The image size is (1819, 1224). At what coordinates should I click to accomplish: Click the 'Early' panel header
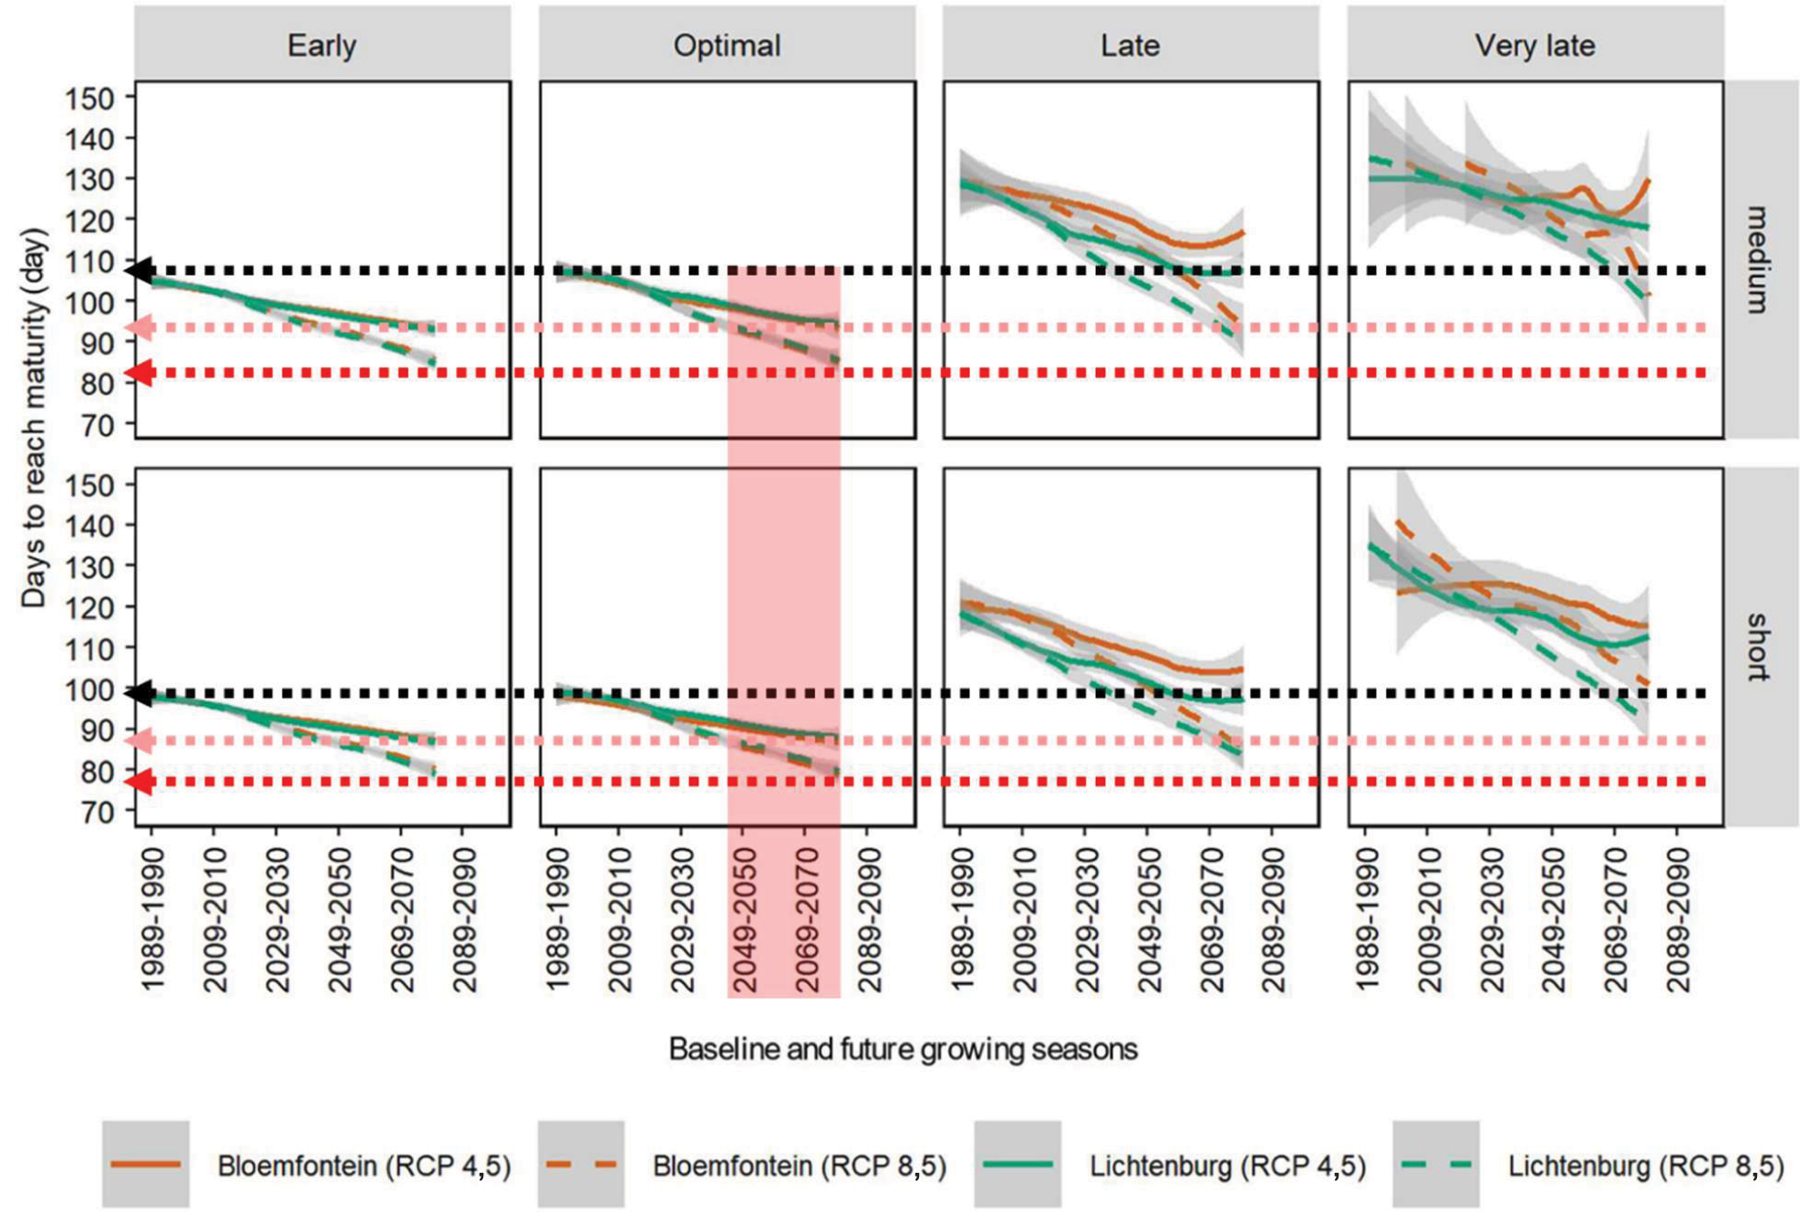(x=322, y=46)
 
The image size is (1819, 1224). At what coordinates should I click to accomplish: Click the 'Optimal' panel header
(x=727, y=46)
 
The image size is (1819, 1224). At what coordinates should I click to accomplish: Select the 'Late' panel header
(x=1130, y=46)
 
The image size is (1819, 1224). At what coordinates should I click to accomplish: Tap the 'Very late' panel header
(x=1535, y=46)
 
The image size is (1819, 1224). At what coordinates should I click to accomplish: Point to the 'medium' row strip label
(x=1759, y=260)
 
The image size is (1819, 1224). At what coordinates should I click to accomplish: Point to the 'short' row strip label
(x=1759, y=647)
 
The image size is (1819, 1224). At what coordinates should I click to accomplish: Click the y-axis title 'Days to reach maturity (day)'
(x=34, y=418)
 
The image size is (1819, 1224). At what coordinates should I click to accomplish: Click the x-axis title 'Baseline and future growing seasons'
(x=903, y=1049)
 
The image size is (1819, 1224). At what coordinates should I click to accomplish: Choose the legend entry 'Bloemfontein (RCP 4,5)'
(x=364, y=1166)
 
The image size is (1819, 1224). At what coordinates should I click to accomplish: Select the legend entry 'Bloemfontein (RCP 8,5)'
(x=799, y=1166)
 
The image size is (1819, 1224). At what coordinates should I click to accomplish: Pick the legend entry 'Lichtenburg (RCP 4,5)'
(x=1227, y=1166)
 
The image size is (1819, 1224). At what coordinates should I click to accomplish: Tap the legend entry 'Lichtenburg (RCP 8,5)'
(x=1645, y=1166)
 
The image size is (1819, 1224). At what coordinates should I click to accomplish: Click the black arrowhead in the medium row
(x=139, y=271)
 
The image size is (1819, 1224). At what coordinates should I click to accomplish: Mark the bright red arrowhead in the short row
(x=139, y=782)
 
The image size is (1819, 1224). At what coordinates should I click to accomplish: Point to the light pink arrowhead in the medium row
(x=139, y=327)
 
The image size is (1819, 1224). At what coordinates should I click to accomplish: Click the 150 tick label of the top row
(x=89, y=99)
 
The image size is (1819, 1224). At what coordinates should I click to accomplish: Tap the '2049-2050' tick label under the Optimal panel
(x=745, y=919)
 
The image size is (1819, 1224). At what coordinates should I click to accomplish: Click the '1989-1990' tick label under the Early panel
(x=152, y=919)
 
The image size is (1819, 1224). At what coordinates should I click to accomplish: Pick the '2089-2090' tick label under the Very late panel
(x=1678, y=919)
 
